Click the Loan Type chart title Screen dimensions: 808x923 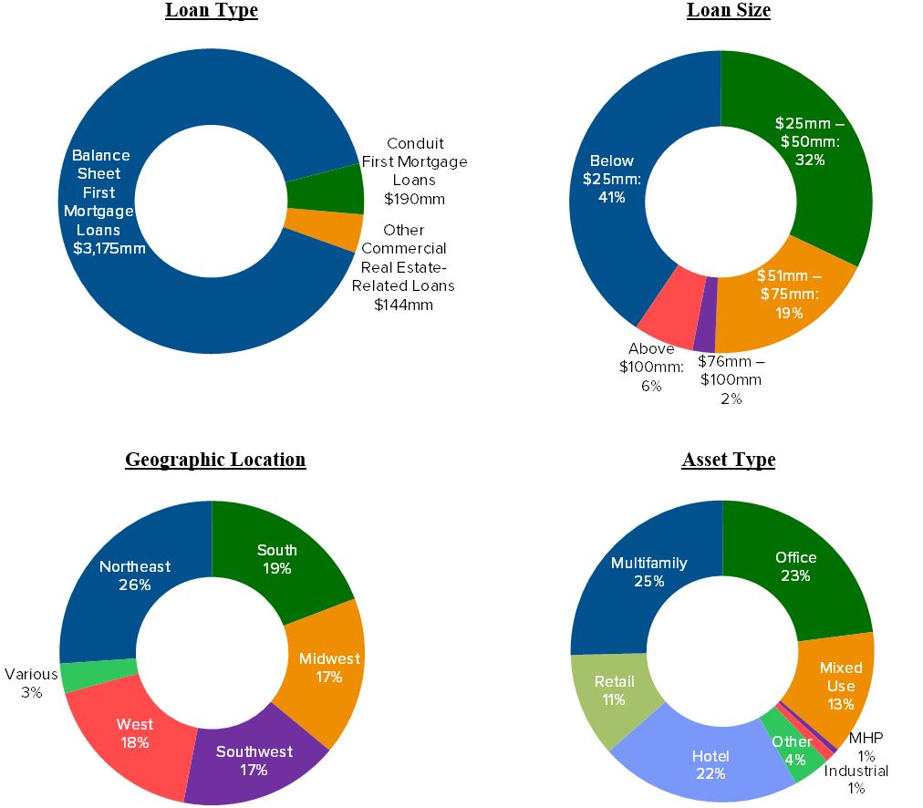coord(211,11)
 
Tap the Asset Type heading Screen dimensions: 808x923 coord(728,460)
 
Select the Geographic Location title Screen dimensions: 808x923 coord(215,460)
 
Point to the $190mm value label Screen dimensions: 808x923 coord(414,199)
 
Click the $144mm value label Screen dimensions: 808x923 coord(403,305)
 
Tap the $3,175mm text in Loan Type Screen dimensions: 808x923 coord(109,248)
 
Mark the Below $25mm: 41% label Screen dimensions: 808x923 coord(612,179)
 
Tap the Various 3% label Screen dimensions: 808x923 coord(32,683)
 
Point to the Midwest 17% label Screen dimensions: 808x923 coord(329,668)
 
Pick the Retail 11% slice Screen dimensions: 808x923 coord(613,690)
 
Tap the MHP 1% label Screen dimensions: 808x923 coord(866,746)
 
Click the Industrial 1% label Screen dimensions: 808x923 coord(856,779)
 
